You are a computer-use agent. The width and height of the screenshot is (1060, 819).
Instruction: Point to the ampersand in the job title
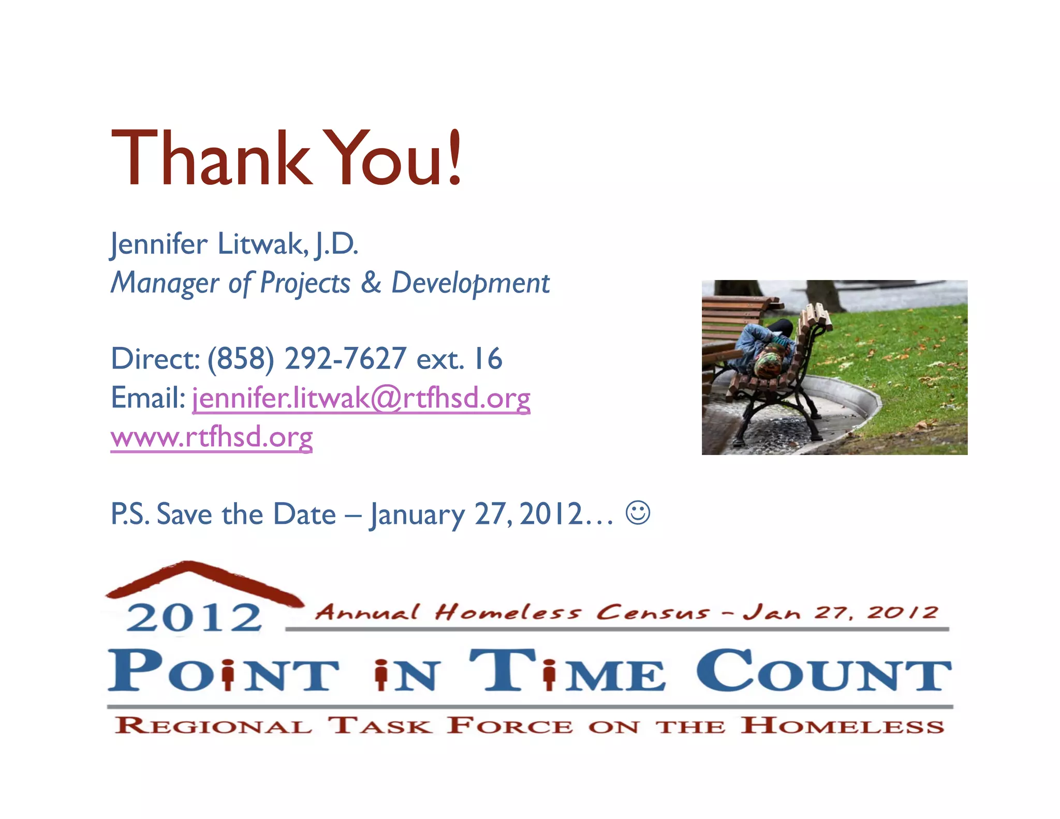point(371,283)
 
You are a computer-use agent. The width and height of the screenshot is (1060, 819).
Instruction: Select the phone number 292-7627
point(345,358)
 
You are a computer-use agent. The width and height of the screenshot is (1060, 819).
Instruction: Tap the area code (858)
point(241,359)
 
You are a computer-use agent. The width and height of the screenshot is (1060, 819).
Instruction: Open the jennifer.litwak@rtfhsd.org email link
point(361,399)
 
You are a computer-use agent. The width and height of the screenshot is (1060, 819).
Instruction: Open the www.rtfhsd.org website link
point(211,437)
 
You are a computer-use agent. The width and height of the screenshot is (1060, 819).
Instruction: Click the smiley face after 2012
point(637,513)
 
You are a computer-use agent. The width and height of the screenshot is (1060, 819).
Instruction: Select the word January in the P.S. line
point(417,515)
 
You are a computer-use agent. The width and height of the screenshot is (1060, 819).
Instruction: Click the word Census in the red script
point(652,612)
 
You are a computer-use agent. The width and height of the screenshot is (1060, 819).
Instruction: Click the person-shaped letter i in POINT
point(227,675)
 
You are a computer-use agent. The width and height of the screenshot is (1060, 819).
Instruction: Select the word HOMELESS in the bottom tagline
point(842,725)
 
